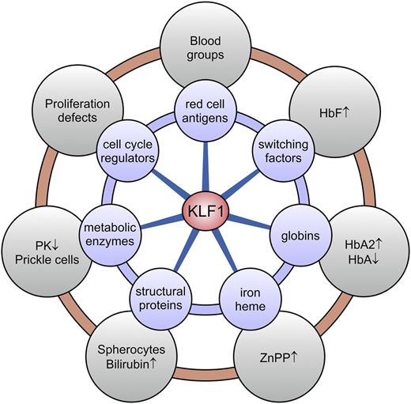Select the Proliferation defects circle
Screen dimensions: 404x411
tap(70, 110)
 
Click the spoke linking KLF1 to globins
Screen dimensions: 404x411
tap(253, 224)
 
